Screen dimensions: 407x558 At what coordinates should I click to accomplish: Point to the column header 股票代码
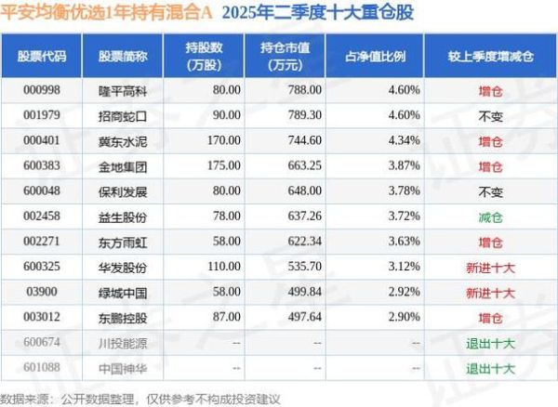42,55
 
